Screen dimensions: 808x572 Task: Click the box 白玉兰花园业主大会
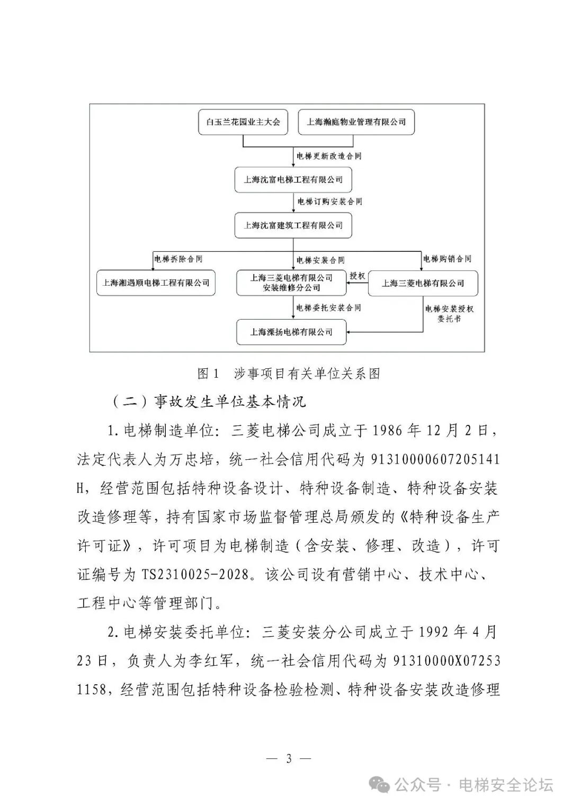[243, 122]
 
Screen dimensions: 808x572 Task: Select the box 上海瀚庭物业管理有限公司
[356, 122]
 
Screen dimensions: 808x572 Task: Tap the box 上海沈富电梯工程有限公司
[293, 180]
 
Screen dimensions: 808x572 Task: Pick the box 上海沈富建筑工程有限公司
[293, 225]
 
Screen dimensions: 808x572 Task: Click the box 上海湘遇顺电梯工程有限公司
[156, 283]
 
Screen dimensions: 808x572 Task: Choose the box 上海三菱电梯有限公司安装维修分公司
[291, 283]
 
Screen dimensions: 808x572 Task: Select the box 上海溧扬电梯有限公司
[291, 332]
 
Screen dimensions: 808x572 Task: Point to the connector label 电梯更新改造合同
[329, 156]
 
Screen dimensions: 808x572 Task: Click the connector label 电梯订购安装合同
[329, 202]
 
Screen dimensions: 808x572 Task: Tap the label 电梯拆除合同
[178, 259]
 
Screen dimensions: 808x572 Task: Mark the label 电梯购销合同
[446, 259]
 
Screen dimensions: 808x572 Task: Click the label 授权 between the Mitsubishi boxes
[357, 276]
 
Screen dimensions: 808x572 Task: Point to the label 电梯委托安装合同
[328, 307]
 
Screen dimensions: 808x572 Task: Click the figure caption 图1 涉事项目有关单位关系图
[289, 374]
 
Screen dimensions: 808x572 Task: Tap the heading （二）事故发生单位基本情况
[209, 402]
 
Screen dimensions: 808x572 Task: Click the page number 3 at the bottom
[289, 758]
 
